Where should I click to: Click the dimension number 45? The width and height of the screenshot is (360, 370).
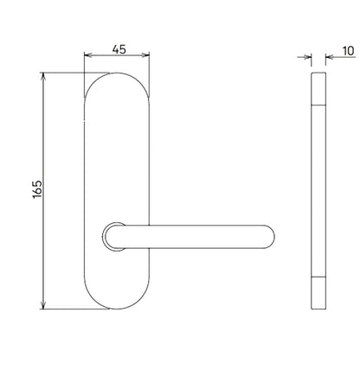pos(119,49)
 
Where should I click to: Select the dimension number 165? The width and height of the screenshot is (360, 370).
pos(37,189)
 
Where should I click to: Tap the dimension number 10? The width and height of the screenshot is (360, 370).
pos(348,51)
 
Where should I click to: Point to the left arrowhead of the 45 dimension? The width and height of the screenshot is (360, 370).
pos(88,54)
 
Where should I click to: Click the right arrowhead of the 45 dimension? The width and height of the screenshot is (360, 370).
pos(145,54)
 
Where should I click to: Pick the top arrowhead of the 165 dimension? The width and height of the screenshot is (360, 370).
pos(43,76)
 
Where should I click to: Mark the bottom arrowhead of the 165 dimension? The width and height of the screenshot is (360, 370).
pos(43,305)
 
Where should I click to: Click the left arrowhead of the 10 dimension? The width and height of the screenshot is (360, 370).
pos(308,57)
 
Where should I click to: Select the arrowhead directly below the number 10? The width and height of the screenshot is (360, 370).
pos(330,57)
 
